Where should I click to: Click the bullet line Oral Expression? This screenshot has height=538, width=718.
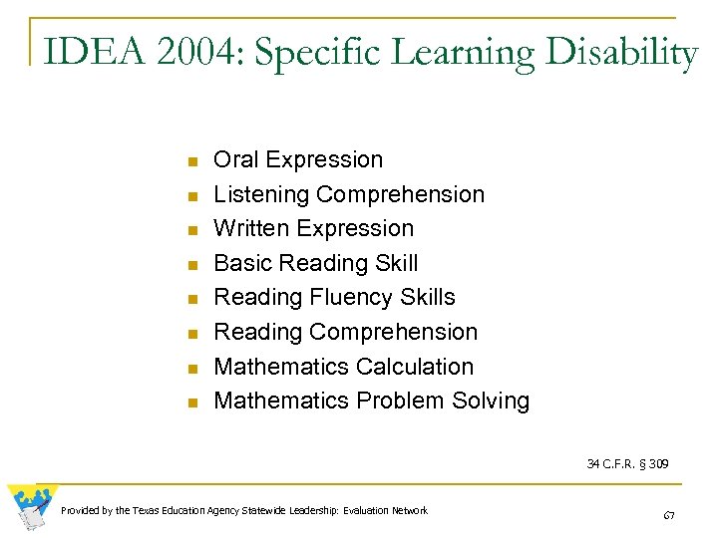[298, 159]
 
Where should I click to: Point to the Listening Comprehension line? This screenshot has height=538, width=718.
[349, 194]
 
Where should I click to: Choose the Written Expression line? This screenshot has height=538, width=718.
[313, 228]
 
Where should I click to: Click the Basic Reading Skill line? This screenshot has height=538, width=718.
[316, 263]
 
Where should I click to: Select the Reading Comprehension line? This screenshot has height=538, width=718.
[346, 332]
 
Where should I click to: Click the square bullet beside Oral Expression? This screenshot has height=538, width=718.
[195, 161]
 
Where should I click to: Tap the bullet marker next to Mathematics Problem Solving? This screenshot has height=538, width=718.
[195, 403]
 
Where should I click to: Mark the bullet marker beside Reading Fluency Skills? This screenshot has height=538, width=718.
[195, 299]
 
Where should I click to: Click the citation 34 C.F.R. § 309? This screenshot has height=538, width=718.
[627, 463]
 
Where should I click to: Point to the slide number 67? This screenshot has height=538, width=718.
[669, 515]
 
